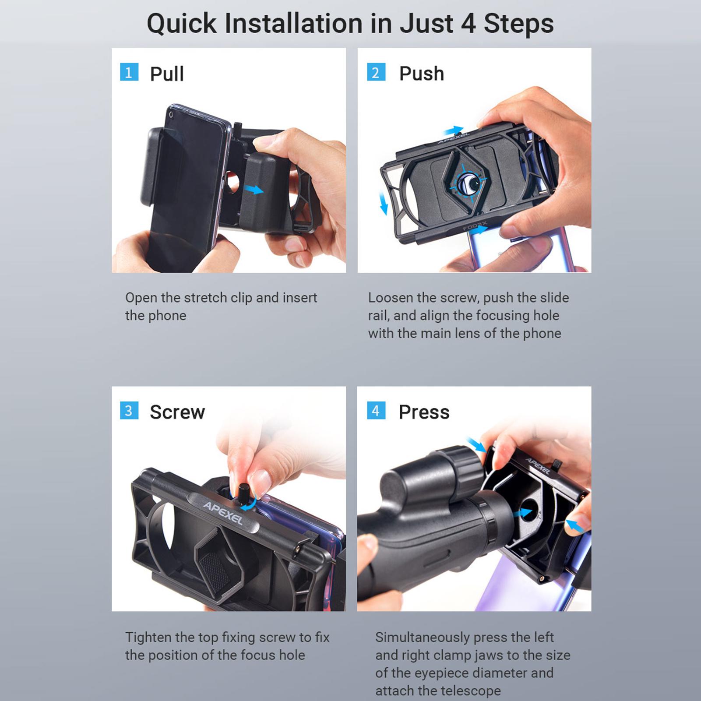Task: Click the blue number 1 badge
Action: [x=129, y=72]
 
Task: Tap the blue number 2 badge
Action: [x=376, y=72]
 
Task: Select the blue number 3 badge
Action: [x=129, y=411]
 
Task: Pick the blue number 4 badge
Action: [x=376, y=411]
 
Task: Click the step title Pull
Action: [x=167, y=74]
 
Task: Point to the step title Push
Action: [x=422, y=74]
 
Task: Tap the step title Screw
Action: [x=177, y=412]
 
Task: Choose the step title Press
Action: [x=424, y=412]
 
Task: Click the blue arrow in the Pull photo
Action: [x=254, y=190]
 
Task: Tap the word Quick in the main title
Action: [x=181, y=24]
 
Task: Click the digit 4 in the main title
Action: [x=468, y=24]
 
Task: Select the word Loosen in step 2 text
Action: [x=391, y=298]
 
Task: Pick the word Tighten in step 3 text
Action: [x=148, y=638]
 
